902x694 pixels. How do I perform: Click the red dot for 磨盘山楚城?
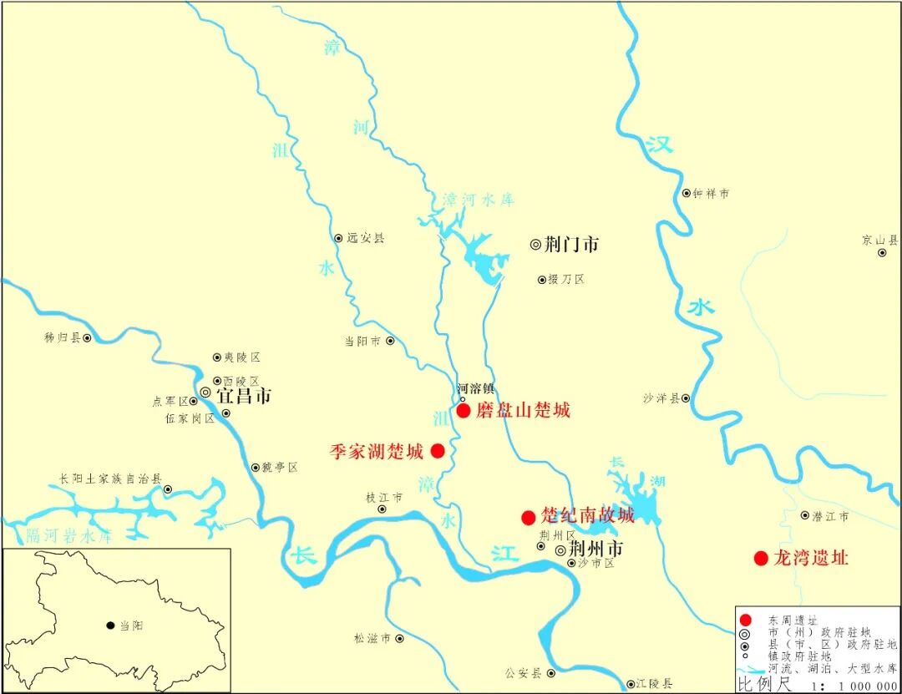(x=464, y=410)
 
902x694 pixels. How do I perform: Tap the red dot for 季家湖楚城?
(x=437, y=451)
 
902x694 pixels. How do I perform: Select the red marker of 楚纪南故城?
(x=528, y=517)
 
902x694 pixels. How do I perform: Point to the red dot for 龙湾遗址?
(x=760, y=558)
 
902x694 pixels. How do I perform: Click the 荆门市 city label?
(x=571, y=245)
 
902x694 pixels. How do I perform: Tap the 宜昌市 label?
(x=244, y=396)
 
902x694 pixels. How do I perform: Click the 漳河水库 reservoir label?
(x=479, y=200)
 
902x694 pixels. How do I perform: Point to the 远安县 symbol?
(x=338, y=238)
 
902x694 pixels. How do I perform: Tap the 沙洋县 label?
(x=661, y=398)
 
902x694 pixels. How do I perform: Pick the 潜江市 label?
(x=830, y=516)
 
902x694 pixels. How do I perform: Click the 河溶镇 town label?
(x=475, y=388)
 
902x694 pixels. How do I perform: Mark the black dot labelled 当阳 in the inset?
(x=110, y=625)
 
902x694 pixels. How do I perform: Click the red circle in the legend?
(x=746, y=620)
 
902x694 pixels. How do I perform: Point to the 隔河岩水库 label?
(x=69, y=535)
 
